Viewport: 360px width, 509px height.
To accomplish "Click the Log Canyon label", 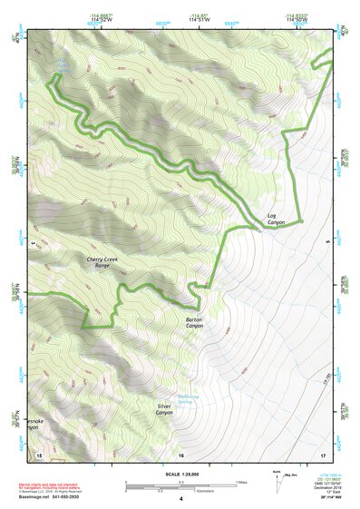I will pos(276,219).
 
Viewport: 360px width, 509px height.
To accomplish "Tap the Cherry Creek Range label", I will pos(103,262).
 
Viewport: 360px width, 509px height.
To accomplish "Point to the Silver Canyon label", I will pos(164,409).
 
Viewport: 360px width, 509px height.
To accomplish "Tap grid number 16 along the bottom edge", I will pos(181,454).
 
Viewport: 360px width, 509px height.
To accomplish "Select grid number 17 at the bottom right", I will pos(322,454).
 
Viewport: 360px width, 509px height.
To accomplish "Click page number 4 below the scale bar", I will pos(181,499).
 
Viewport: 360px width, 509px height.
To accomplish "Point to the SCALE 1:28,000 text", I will pos(181,475).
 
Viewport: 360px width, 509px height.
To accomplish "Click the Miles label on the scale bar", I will pos(240,482).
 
